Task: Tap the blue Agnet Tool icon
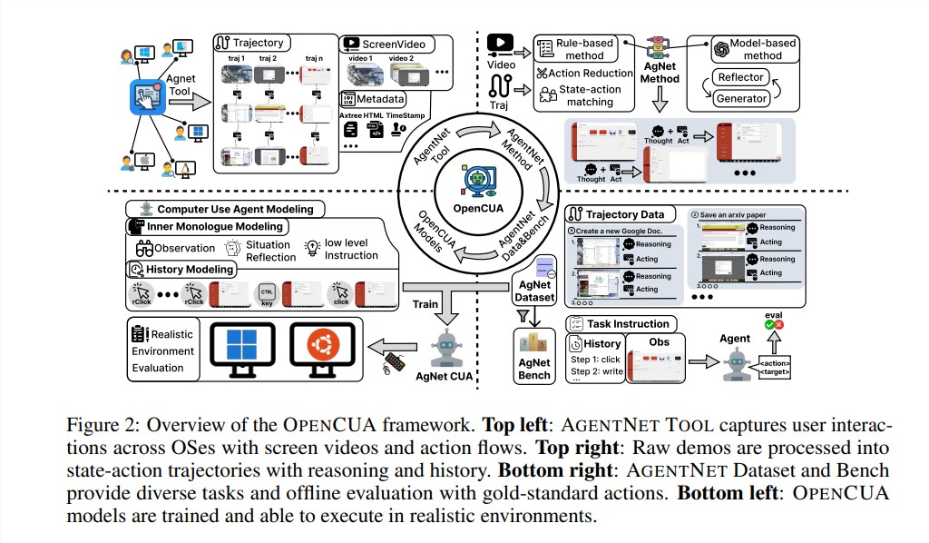click(x=146, y=97)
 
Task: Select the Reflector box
click(x=741, y=78)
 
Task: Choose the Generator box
click(x=741, y=98)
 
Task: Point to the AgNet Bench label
click(x=534, y=369)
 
